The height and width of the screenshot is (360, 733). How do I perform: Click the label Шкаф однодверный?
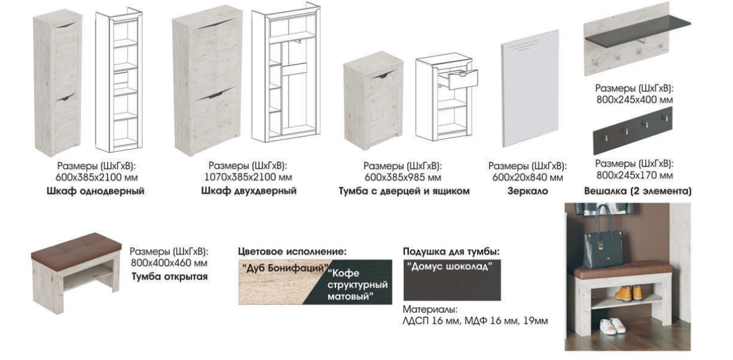click(x=96, y=191)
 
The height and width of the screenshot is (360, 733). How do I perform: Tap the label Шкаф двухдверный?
click(x=249, y=191)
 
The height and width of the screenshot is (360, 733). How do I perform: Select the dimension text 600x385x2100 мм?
click(x=96, y=178)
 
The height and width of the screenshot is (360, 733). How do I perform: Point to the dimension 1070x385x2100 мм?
click(x=248, y=177)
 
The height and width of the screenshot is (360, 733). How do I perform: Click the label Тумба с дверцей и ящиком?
click(x=404, y=191)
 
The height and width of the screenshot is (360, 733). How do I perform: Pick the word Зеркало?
click(x=527, y=191)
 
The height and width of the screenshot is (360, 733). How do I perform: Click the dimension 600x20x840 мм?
click(x=527, y=178)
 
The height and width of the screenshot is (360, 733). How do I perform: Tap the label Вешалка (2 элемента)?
click(x=638, y=191)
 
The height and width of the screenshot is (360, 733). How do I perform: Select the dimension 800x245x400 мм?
click(x=634, y=99)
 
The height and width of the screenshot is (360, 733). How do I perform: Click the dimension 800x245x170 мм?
click(x=634, y=175)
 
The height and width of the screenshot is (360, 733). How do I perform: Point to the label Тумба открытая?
click(x=170, y=276)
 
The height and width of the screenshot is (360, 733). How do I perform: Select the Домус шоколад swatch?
click(x=452, y=280)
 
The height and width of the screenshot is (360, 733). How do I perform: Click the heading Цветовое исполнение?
click(x=292, y=252)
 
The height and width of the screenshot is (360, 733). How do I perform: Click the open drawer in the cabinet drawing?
click(x=461, y=79)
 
